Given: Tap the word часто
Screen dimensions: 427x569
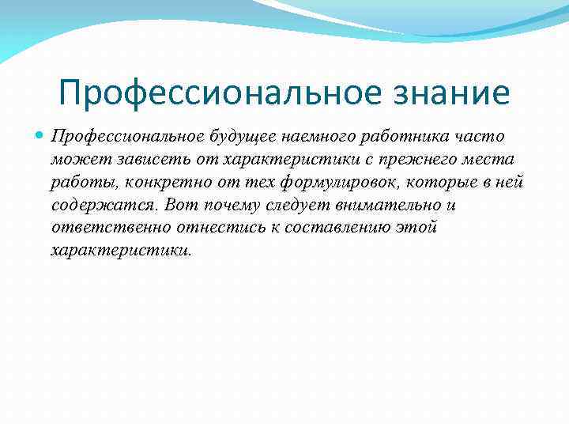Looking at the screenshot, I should click(473, 138).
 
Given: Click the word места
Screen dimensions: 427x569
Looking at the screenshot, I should click(490, 161).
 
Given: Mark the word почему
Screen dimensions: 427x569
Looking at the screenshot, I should click(220, 206).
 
